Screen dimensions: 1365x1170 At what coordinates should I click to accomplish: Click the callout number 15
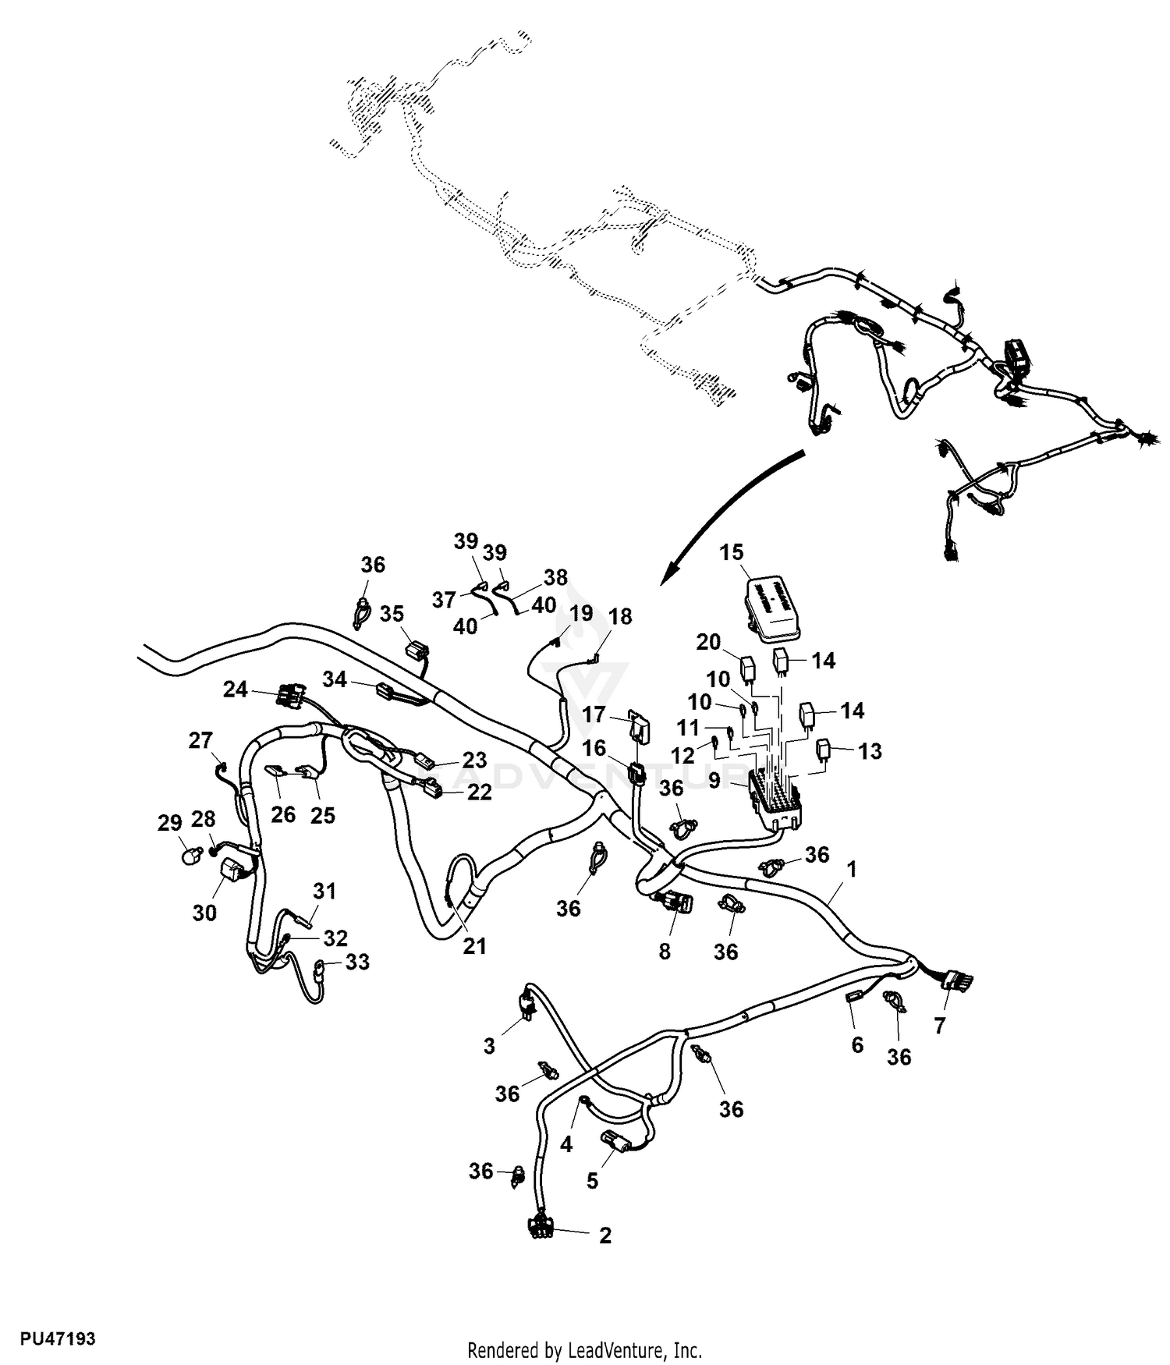(x=731, y=552)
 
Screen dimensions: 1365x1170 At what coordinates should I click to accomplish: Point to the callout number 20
(x=708, y=642)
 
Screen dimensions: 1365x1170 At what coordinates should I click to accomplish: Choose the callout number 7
(x=939, y=1026)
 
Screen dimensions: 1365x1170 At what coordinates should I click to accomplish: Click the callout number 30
(x=204, y=912)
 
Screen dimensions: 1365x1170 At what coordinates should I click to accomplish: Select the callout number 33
(x=357, y=963)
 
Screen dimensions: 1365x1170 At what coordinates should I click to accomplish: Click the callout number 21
(x=474, y=946)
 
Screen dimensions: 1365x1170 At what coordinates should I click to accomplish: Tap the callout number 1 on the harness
(x=852, y=869)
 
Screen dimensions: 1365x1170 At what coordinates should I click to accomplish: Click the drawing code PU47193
(x=58, y=1339)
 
